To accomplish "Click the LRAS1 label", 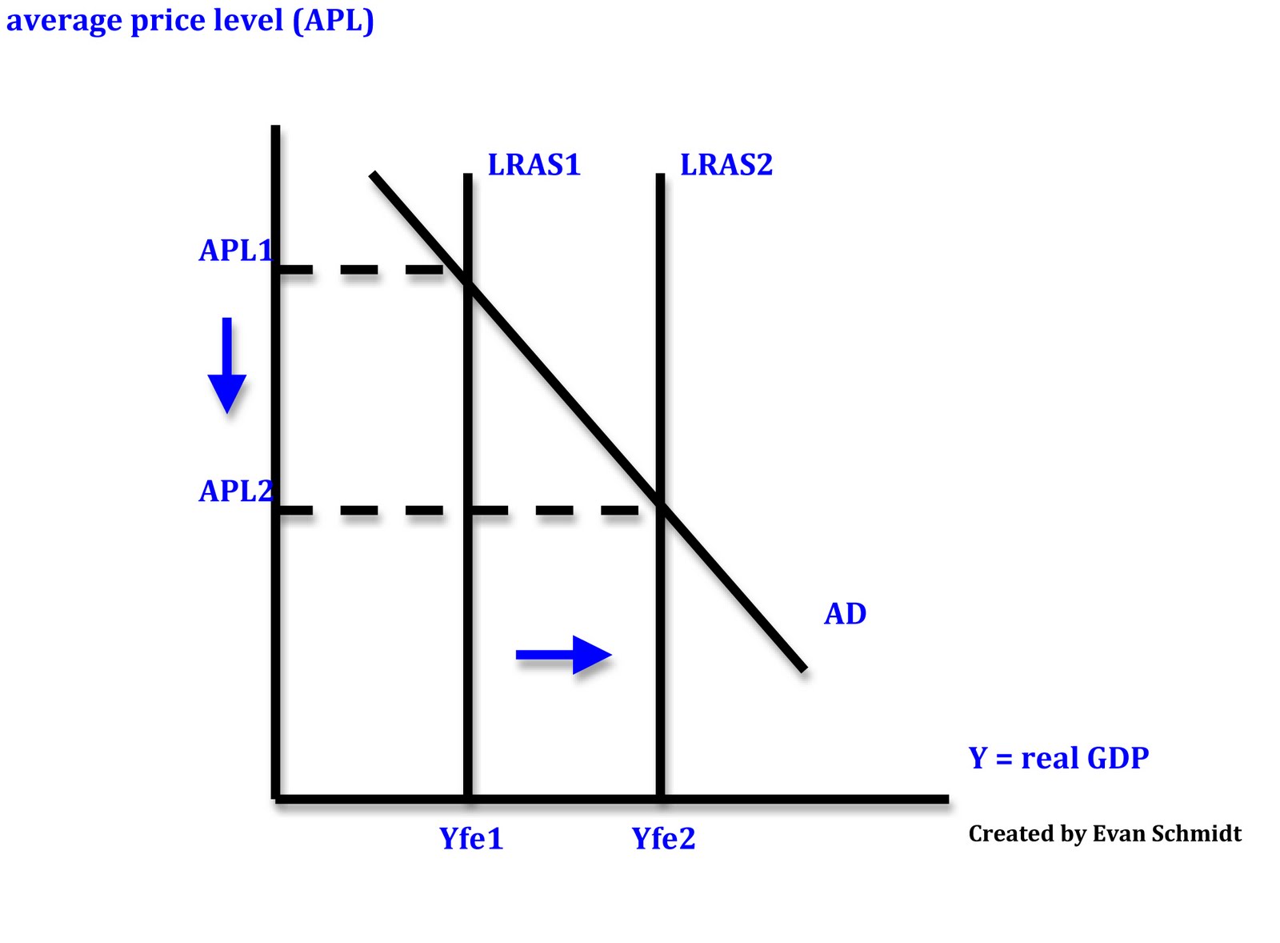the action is [x=534, y=165].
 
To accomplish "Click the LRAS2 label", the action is [x=726, y=165].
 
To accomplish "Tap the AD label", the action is [x=845, y=614].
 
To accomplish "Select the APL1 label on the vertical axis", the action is [x=235, y=251].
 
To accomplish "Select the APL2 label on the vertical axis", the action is [x=235, y=491].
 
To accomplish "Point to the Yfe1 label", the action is [x=471, y=839].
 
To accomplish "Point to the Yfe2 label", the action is [x=663, y=839].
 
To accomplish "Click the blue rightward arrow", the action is [x=563, y=655].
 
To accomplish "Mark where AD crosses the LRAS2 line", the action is [x=660, y=504].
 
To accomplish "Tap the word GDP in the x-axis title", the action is [x=1117, y=758].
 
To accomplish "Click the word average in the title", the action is [x=63, y=21].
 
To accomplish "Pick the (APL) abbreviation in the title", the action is [x=333, y=21].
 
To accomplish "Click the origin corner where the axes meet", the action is [x=276, y=798].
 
